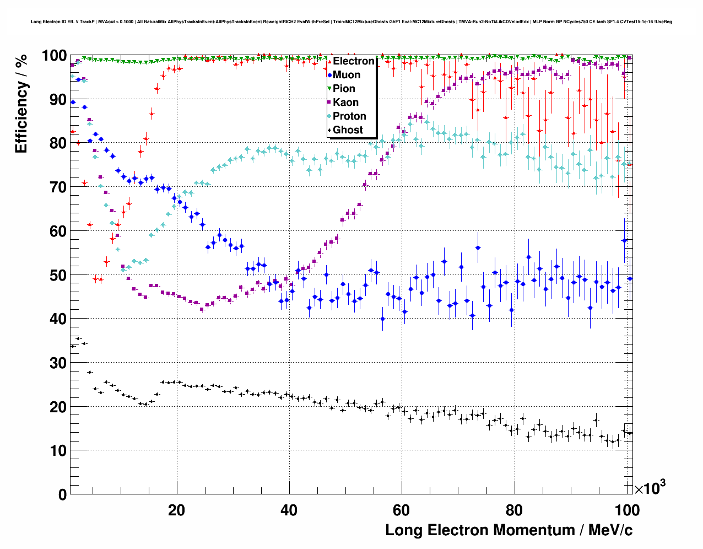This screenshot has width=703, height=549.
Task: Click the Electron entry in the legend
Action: click(353, 61)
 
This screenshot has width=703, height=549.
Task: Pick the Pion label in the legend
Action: click(344, 89)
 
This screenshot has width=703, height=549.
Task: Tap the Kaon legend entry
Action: click(345, 103)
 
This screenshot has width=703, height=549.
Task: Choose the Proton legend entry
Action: click(349, 116)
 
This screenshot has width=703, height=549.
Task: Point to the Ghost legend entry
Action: click(348, 130)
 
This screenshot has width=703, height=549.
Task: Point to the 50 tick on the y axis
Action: click(58, 275)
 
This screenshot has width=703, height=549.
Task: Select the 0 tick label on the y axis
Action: click(62, 494)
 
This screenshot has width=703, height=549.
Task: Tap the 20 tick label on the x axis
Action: click(177, 510)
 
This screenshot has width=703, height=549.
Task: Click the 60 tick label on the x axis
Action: click(402, 510)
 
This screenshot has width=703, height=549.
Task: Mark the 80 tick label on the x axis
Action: click(514, 510)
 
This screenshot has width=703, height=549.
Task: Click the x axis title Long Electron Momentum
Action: click(509, 530)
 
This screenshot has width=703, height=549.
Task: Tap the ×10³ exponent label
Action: click(650, 488)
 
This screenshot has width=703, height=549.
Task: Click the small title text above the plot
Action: click(351, 22)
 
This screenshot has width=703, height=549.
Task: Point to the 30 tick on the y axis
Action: click(58, 363)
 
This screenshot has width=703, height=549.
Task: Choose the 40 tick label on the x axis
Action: click(289, 510)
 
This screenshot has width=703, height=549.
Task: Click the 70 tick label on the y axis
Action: click(58, 187)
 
